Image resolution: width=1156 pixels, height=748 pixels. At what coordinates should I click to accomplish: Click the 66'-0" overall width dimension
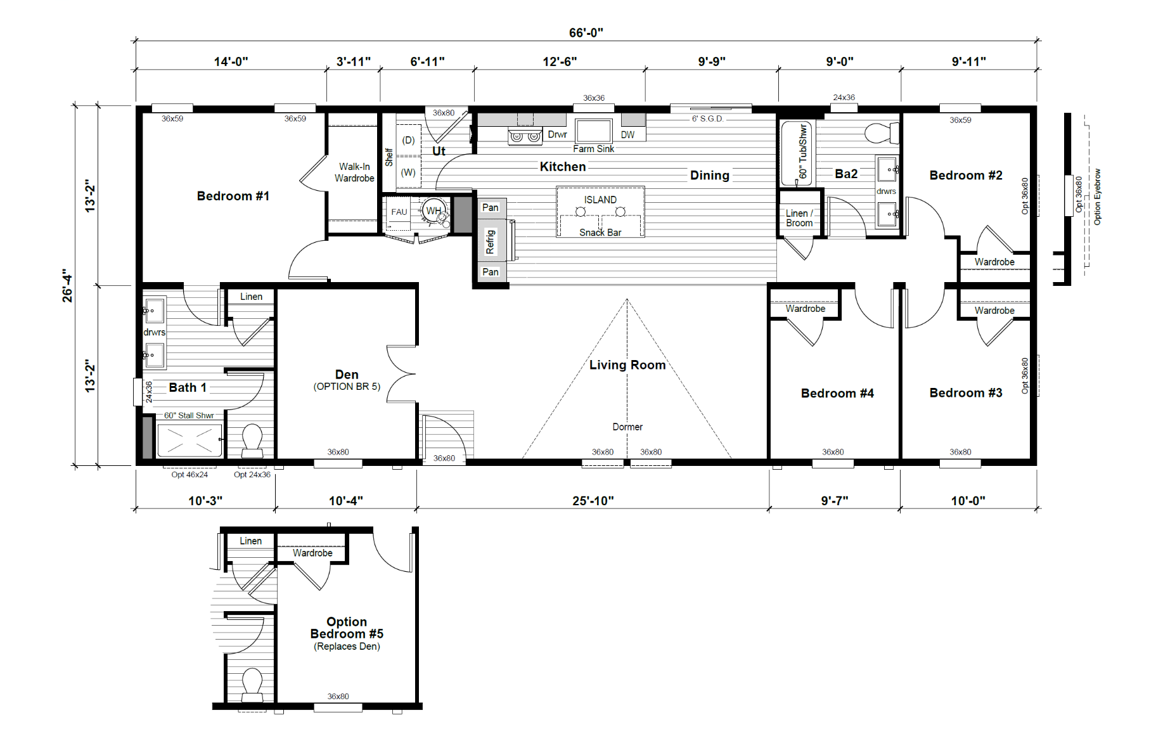[586, 32]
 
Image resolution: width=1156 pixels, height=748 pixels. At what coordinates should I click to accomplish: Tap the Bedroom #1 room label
[233, 196]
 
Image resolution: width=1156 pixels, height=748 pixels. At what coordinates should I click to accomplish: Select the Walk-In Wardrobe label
[354, 172]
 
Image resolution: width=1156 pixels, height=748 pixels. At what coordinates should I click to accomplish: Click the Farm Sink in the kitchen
[594, 131]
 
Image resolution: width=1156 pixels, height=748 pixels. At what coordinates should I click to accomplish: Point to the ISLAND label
[600, 200]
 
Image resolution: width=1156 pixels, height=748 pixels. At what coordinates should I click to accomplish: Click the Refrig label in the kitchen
[490, 242]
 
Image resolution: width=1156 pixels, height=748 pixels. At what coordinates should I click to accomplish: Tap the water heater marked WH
[435, 211]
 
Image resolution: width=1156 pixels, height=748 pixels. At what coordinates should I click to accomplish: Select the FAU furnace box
[399, 212]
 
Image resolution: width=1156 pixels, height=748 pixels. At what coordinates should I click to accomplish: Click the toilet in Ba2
[882, 133]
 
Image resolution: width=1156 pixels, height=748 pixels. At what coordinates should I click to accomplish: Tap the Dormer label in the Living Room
[627, 427]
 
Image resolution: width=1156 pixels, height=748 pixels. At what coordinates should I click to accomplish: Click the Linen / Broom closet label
[799, 218]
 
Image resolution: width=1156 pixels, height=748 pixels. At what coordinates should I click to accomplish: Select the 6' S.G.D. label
[707, 119]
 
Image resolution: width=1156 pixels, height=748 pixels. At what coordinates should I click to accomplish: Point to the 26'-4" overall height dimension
[67, 285]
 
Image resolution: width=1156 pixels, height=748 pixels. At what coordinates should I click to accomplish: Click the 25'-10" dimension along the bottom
[593, 501]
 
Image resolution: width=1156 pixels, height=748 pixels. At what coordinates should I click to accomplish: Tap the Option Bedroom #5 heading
[347, 628]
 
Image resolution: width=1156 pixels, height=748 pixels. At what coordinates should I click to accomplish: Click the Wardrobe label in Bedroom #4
[806, 309]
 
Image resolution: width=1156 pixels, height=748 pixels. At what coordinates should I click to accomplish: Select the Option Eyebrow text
[1098, 197]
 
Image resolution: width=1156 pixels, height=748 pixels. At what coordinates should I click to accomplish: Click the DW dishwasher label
[627, 135]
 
